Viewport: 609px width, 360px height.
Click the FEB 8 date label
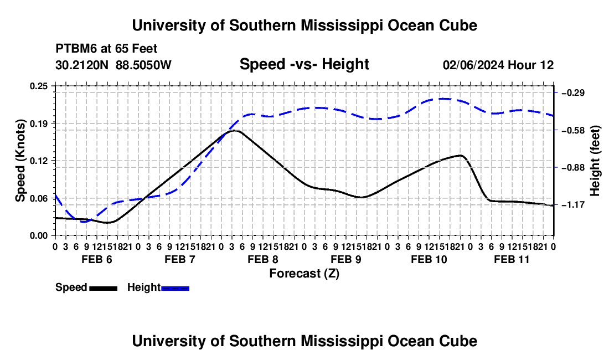pos(263,259)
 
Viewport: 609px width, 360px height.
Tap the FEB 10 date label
pos(429,259)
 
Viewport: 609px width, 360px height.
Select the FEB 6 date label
pos(97,259)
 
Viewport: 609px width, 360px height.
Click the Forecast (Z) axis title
pos(304,274)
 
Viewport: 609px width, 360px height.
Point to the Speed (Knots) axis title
pos(20,161)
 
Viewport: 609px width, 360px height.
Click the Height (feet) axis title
pos(595,161)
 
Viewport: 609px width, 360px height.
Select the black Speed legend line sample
pos(104,288)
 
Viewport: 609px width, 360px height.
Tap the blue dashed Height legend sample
pos(175,288)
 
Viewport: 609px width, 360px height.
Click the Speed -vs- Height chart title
pos(304,64)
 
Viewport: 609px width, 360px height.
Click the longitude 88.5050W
pos(143,65)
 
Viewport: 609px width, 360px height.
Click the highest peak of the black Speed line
pos(235,131)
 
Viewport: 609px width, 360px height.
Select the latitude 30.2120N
pos(82,65)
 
